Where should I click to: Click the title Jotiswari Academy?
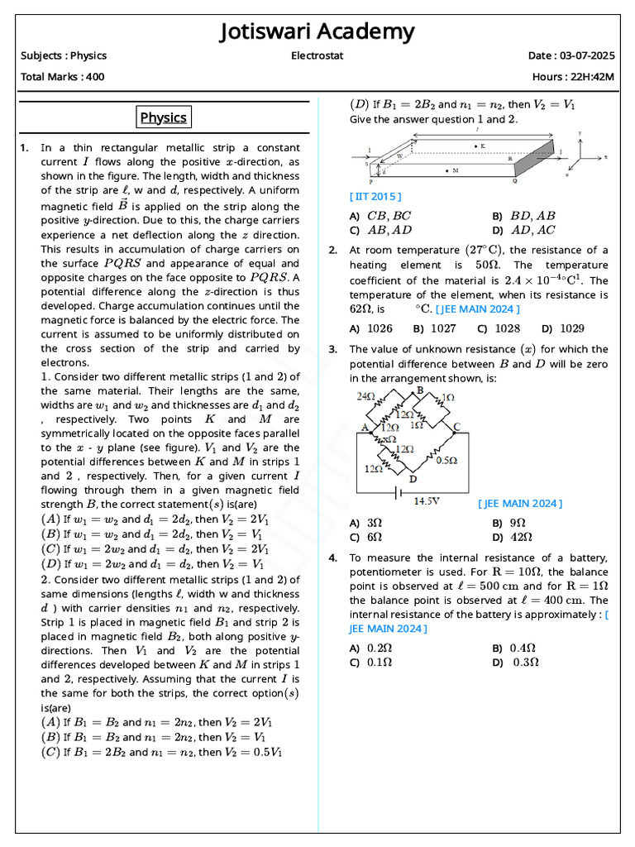point(317,32)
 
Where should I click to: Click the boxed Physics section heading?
point(163,117)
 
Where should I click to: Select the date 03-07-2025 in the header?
point(584,56)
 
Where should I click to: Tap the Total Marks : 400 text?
point(62,77)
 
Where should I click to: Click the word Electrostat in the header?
point(317,56)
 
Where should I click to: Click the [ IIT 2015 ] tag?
point(375,196)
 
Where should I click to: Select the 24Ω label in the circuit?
point(365,396)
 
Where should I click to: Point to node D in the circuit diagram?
point(413,479)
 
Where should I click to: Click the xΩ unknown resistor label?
point(389,439)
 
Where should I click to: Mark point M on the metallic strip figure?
point(447,171)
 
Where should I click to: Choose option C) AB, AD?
point(380,230)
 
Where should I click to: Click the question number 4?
point(332,558)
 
